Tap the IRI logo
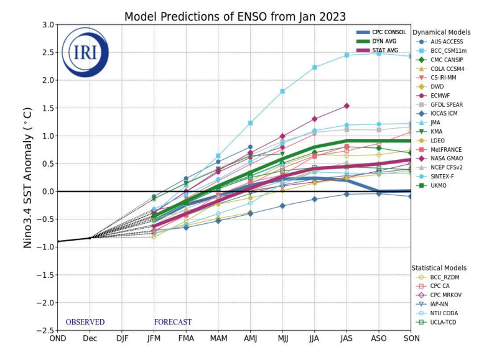(85, 52)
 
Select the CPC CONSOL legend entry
(381, 32)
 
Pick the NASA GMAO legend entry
(440, 158)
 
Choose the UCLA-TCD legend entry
(436, 322)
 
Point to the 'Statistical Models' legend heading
(439, 268)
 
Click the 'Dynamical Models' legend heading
(442, 32)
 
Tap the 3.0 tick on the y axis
(48, 24)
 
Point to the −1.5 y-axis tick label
(45, 275)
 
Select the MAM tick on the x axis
(218, 338)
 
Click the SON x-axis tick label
(411, 338)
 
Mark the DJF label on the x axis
(122, 338)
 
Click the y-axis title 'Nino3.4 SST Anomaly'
(27, 178)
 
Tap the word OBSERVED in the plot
(85, 322)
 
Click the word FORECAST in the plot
(172, 322)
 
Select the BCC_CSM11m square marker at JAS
(346, 55)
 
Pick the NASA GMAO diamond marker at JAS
(346, 106)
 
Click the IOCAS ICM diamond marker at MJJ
(282, 206)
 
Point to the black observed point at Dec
(90, 238)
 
